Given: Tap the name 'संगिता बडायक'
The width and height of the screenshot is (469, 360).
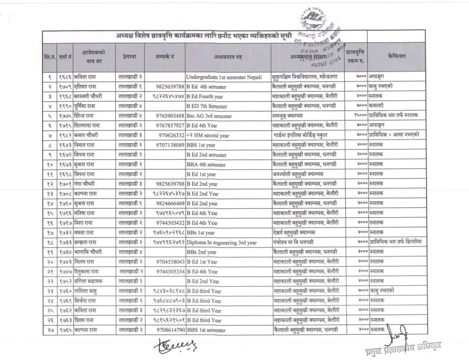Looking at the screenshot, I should coord(88,280).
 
